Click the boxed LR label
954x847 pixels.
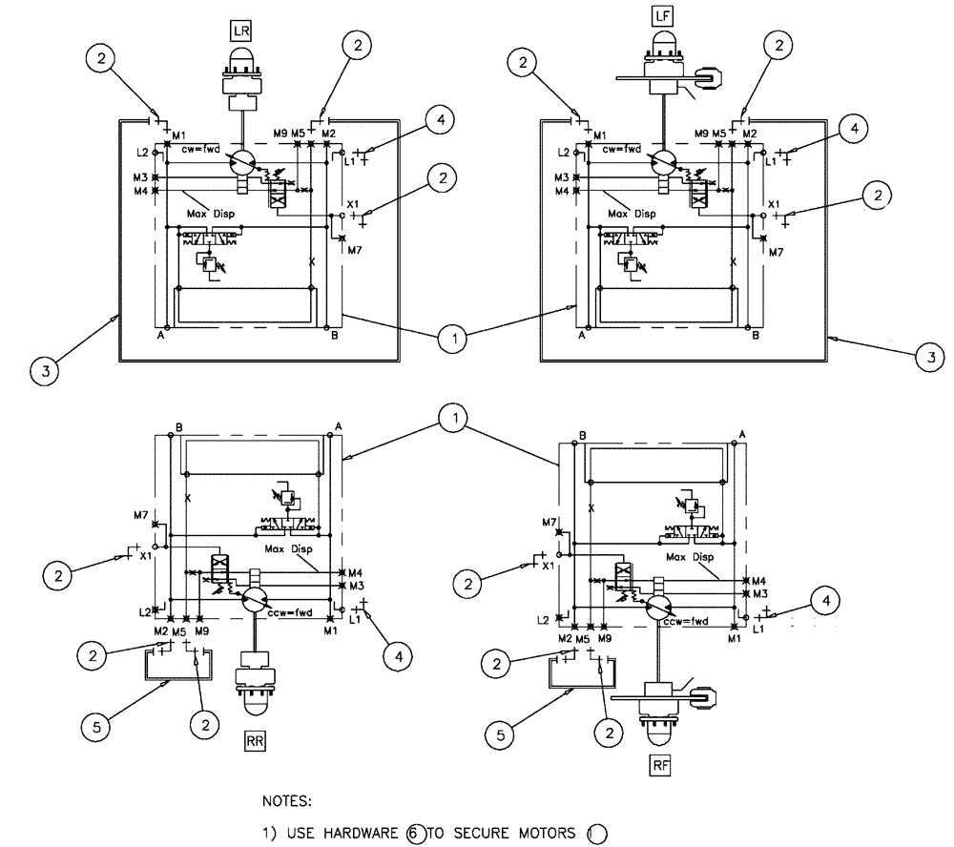(240, 31)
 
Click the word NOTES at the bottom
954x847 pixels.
(286, 802)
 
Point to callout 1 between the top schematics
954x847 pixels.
(456, 337)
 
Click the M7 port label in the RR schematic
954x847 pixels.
(141, 515)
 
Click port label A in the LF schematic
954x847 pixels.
(582, 336)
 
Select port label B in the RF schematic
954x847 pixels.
(581, 436)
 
